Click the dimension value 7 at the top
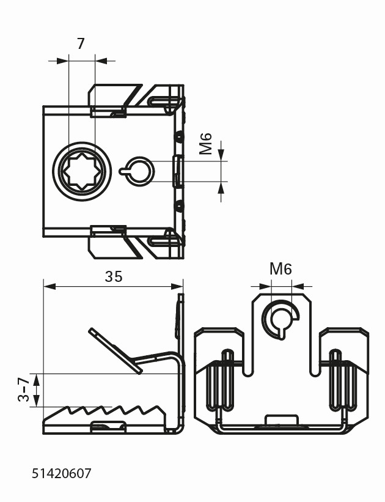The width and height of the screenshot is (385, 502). point(81,43)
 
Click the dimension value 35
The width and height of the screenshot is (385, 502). point(113,276)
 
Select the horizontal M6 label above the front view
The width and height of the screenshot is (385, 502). point(280,268)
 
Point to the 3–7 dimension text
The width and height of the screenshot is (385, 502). point(24,389)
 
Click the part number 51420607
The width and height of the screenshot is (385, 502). point(61,473)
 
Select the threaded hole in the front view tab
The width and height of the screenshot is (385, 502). point(281,318)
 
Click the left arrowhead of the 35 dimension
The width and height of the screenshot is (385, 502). point(48,286)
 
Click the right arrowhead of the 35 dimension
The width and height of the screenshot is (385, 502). point(178,286)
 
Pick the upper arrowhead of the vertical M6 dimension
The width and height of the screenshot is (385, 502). point(221,156)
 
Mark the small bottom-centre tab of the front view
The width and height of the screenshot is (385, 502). point(281,421)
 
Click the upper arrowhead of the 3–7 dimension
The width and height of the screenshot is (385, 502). point(37,378)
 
